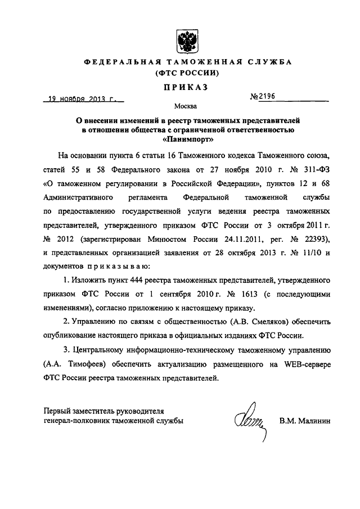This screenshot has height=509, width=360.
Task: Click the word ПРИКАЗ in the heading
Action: (185, 87)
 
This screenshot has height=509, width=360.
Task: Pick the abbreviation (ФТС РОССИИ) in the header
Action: (185, 74)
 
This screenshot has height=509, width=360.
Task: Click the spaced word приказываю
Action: (121, 267)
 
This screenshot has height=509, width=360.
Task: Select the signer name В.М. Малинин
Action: (306, 421)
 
